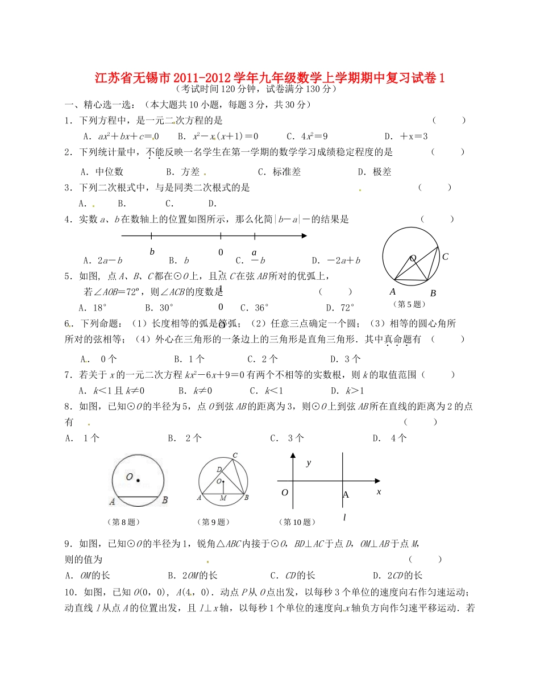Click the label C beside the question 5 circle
445,257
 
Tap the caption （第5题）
408,304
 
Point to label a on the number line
254,252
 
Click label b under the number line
152,251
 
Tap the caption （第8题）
123,522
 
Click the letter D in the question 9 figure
219,469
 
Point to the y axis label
309,463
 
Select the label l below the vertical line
344,516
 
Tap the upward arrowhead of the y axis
293,456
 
